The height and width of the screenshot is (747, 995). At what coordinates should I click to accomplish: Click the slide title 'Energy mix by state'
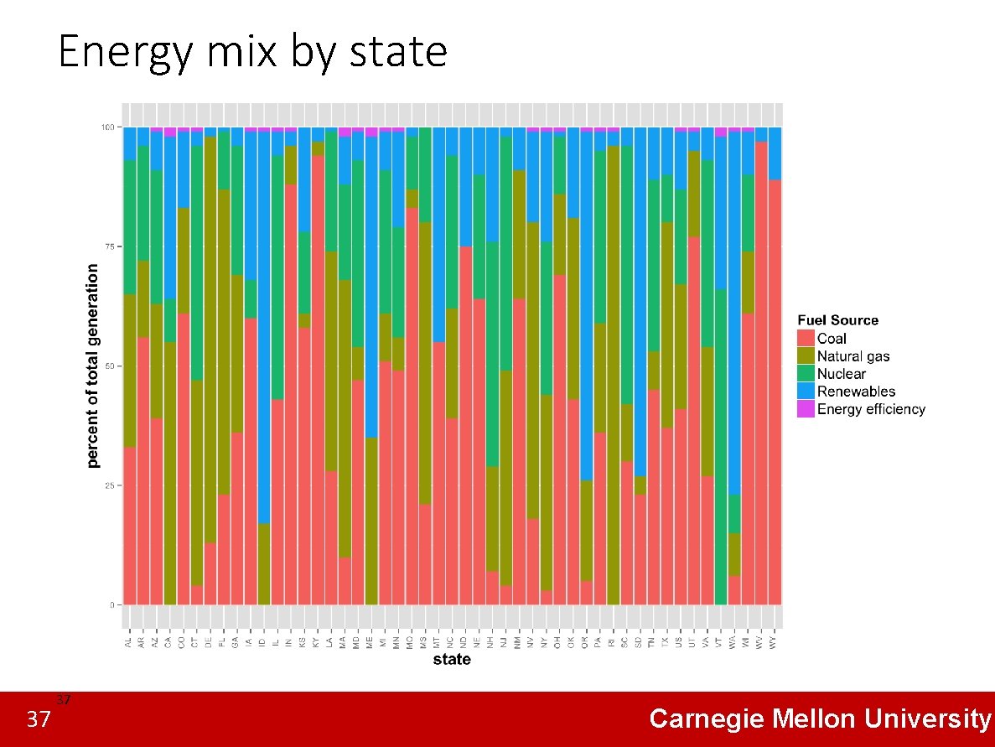[x=252, y=52]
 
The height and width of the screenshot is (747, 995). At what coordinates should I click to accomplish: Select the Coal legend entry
[x=832, y=339]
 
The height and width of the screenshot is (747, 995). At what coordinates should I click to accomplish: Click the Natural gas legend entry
[x=852, y=356]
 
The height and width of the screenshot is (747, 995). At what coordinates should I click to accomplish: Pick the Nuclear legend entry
[x=841, y=374]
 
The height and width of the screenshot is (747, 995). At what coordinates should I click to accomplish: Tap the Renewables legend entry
[x=856, y=392]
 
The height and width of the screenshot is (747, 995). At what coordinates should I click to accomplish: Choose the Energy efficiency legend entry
[x=870, y=409]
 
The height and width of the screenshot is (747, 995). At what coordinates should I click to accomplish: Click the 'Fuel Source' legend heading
[x=837, y=320]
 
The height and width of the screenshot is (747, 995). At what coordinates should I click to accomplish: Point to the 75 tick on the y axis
[x=108, y=246]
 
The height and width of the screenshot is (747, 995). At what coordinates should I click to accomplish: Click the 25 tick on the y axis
[x=108, y=485]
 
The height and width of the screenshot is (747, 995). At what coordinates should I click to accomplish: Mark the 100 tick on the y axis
[x=106, y=127]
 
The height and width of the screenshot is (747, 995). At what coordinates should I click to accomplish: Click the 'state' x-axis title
[x=452, y=660]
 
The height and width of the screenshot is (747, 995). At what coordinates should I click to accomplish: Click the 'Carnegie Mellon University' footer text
[x=819, y=719]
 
